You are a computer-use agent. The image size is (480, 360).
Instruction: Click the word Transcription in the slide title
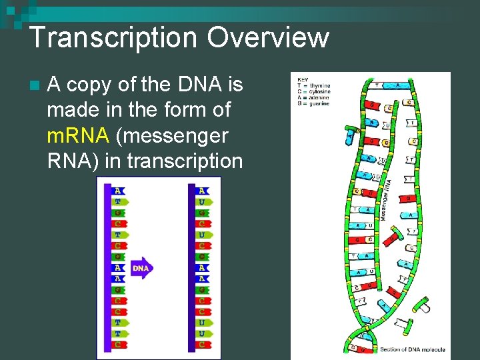pyautogui.click(x=112, y=37)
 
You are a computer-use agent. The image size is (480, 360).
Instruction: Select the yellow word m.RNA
pyautogui.click(x=77, y=136)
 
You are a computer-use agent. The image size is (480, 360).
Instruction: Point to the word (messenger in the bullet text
pyautogui.click(x=172, y=136)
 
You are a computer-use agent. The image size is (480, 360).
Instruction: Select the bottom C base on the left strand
pyautogui.click(x=118, y=344)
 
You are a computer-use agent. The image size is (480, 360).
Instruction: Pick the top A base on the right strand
pyautogui.click(x=202, y=190)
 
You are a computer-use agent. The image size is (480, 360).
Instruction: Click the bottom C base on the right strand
pyautogui.click(x=201, y=344)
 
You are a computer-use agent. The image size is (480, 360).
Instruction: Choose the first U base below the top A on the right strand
pyautogui.click(x=202, y=201)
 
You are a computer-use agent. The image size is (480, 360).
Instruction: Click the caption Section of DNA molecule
pyautogui.click(x=412, y=349)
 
